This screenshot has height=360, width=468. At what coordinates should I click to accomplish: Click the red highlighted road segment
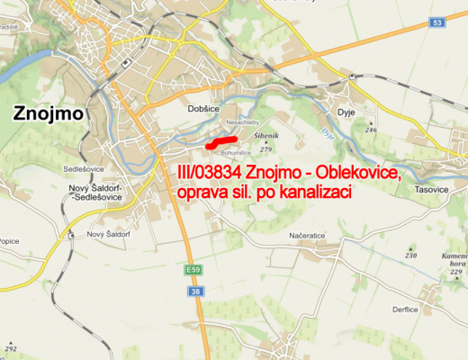coord(220,142)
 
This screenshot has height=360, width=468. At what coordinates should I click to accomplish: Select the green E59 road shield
coord(194,270)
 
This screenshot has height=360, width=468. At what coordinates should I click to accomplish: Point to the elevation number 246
coord(370,130)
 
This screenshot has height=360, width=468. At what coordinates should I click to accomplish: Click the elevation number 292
coord(12,347)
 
